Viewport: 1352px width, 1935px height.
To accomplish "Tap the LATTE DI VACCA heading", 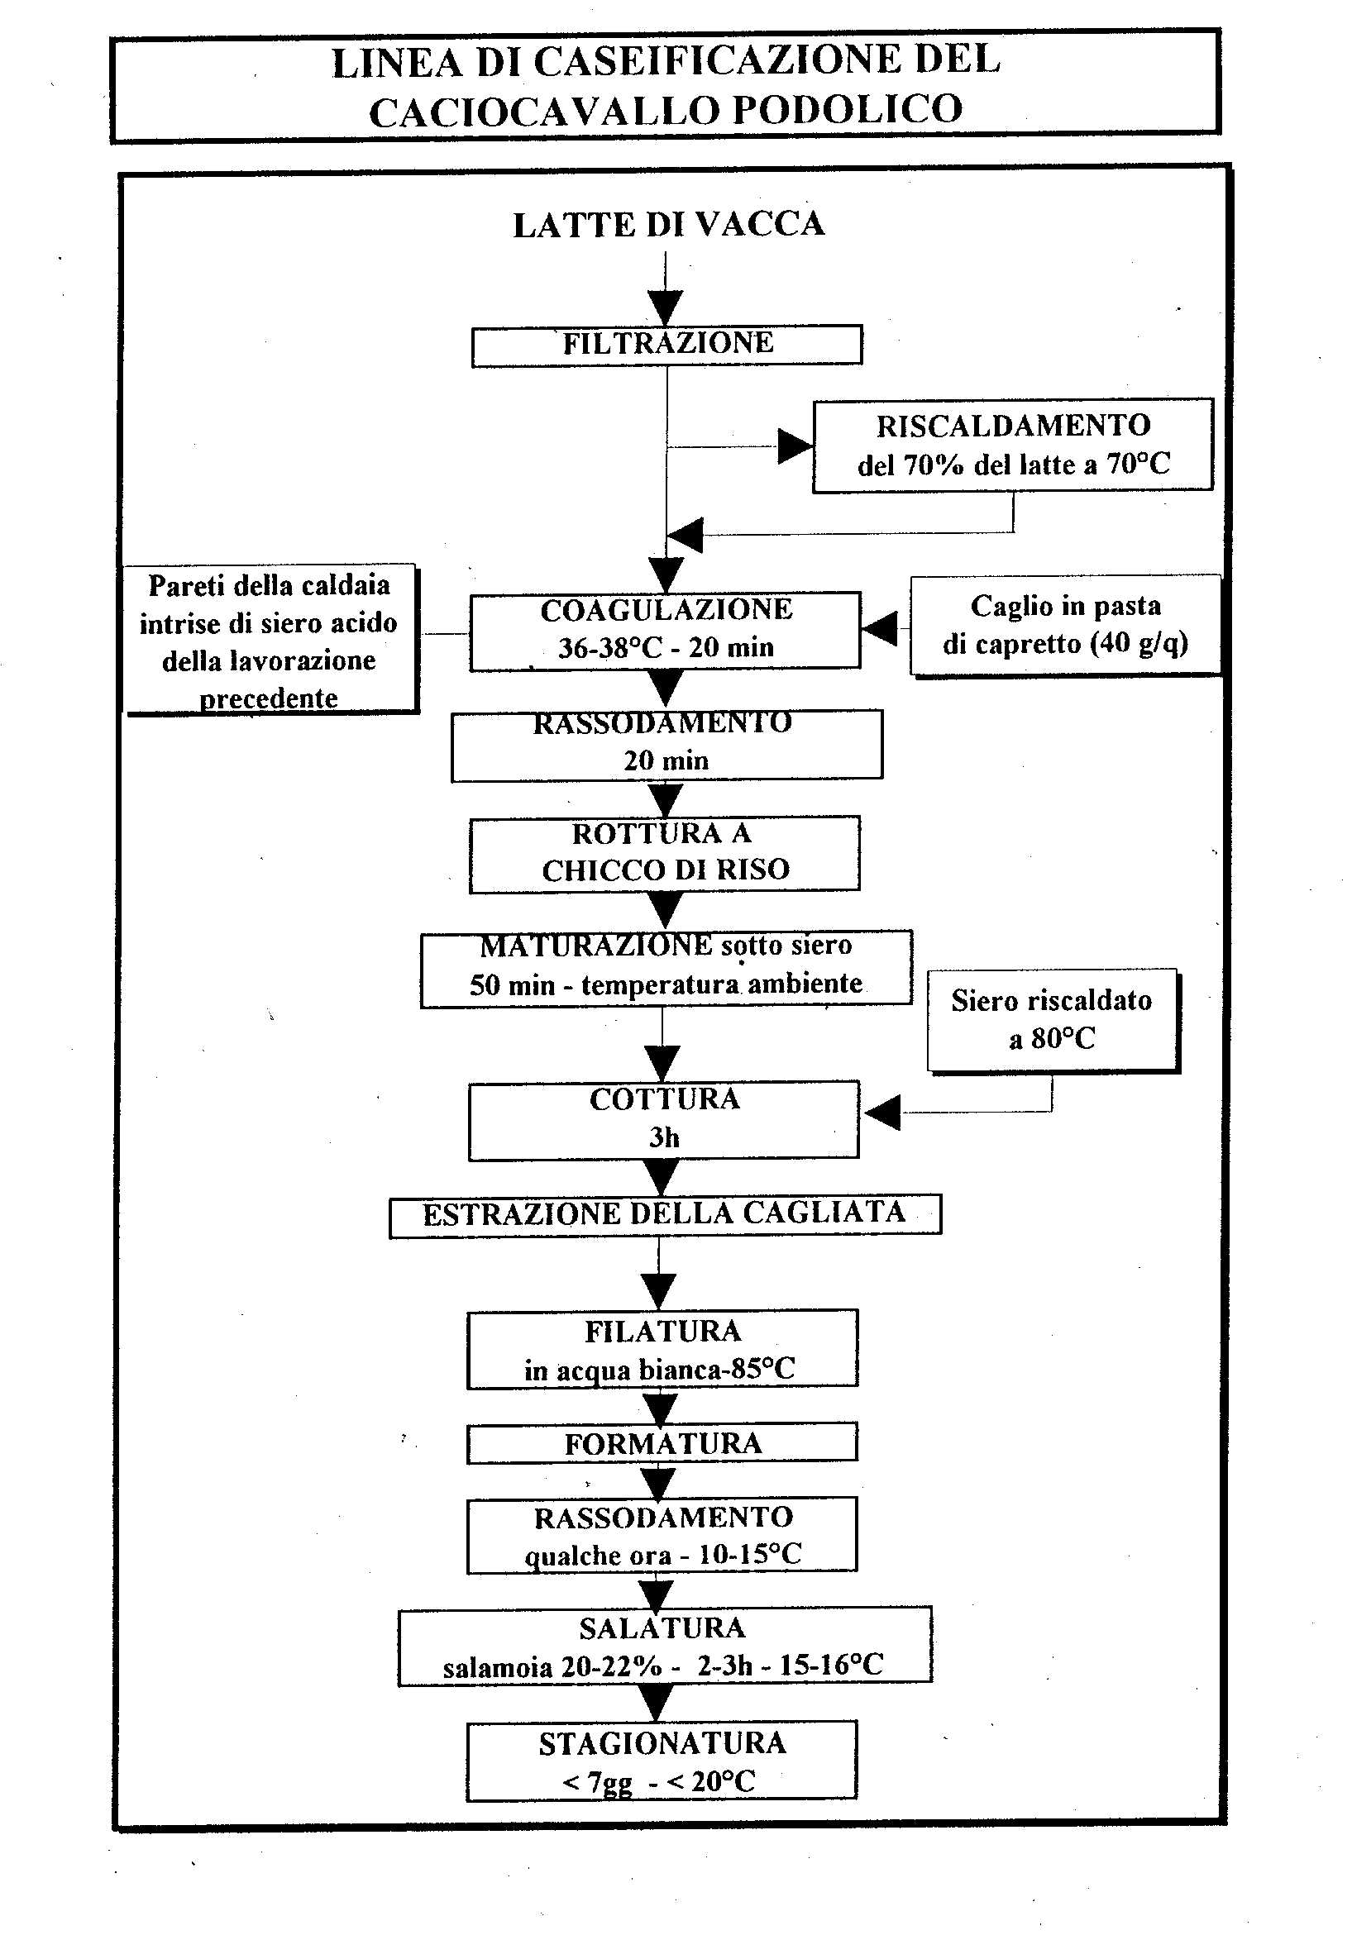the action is click(668, 225).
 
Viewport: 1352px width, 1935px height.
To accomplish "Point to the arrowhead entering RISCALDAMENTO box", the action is click(795, 446).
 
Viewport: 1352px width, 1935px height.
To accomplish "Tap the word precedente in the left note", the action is click(268, 698).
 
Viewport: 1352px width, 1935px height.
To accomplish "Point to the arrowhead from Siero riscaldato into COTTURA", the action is click(882, 1113).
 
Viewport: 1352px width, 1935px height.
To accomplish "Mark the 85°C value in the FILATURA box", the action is click(762, 1369).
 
